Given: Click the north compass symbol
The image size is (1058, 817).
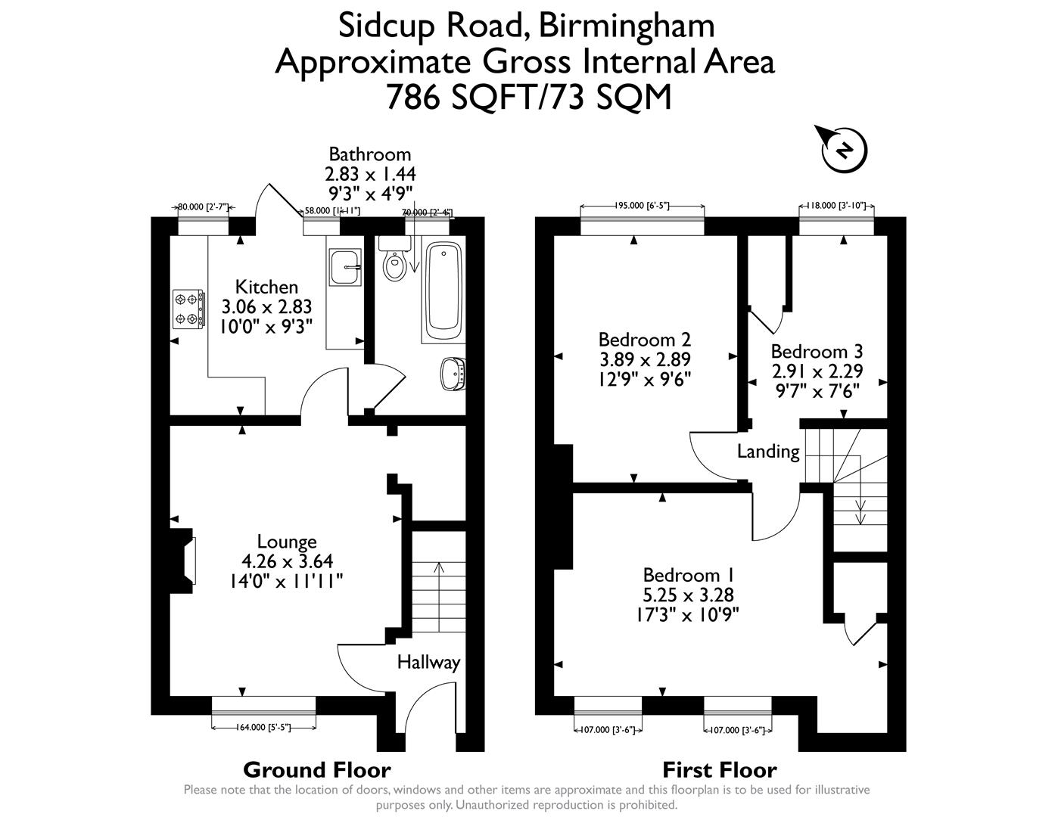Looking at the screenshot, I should (844, 150).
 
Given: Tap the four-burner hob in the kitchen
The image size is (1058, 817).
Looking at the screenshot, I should (188, 309).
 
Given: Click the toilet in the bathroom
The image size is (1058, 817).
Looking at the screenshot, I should (394, 262).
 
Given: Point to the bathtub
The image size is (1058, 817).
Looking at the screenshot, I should (443, 291).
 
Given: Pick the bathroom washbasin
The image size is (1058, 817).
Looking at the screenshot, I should (453, 374).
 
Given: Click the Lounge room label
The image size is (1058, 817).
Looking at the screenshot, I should (287, 542).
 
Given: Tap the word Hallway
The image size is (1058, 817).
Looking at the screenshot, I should (428, 663).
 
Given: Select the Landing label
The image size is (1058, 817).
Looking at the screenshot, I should (768, 452).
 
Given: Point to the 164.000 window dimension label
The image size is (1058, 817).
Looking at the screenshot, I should (263, 728).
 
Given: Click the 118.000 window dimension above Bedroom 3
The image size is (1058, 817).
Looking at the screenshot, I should (838, 205).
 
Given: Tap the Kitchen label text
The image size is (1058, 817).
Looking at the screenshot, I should (266, 287).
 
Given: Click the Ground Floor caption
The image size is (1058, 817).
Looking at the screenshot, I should (316, 770).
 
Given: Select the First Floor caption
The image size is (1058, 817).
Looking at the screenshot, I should (719, 770).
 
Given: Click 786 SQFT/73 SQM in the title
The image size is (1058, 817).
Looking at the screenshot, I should (528, 97).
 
